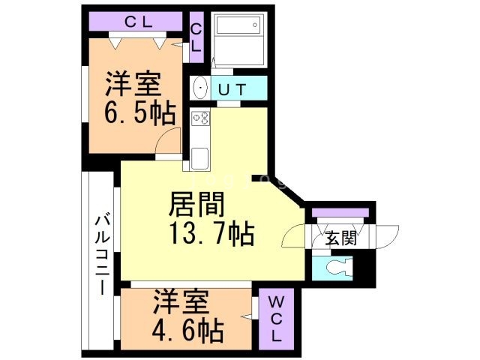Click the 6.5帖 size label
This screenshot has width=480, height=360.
coord(139,114)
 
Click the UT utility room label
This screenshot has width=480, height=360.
coord(232,89)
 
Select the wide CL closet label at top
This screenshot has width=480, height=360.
coord(139,22)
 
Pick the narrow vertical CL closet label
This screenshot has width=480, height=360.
coord(196,37)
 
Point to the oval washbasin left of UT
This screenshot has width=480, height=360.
coord(200,88)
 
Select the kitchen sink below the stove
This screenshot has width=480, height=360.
coord(200,158)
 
